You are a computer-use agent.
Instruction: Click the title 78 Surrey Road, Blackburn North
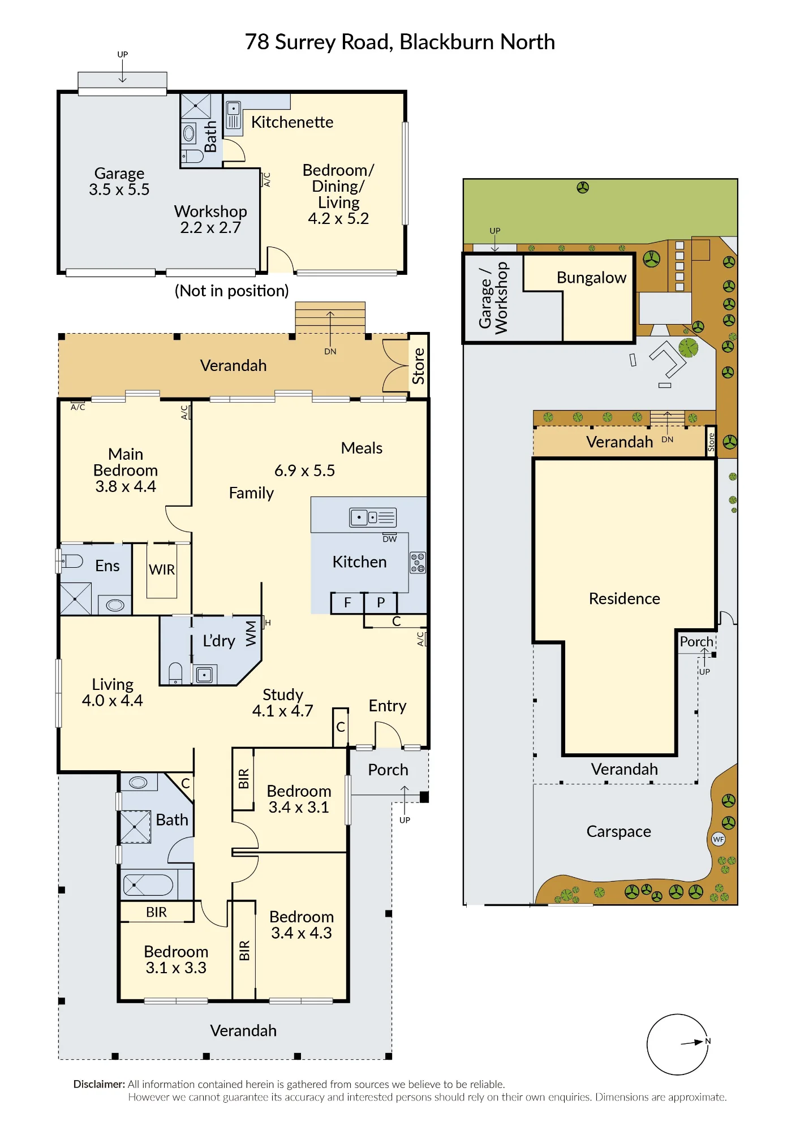pos(400,42)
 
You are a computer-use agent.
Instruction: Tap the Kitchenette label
pos(292,122)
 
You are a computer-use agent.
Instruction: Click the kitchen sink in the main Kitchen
pos(373,517)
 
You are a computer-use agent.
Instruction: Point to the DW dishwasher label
pos(390,539)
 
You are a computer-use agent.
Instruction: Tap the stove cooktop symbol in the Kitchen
pos(418,563)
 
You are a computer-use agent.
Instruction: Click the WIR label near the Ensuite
pos(162,569)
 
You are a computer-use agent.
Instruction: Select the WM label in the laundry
pos(251,633)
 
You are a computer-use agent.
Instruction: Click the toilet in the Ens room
pos(72,561)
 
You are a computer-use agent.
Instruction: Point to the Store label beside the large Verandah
pos(418,366)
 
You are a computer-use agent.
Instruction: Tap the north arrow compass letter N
pos(708,1041)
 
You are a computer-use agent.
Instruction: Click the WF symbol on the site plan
pos(719,839)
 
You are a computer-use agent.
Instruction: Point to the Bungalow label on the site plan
pos(591,278)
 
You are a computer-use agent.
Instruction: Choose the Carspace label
pos(618,831)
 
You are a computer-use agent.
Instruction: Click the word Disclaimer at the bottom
pos(99,1084)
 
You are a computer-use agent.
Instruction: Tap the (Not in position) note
pos(231,291)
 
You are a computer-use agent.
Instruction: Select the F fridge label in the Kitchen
pos(347,603)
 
